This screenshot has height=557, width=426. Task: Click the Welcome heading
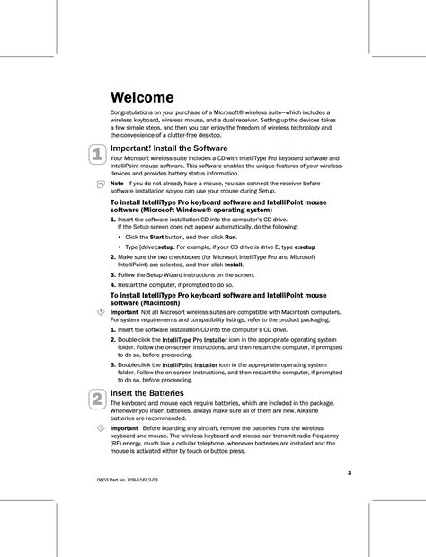click(x=141, y=96)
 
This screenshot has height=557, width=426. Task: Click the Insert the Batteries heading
click(x=146, y=393)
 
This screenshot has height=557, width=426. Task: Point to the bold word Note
click(x=117, y=183)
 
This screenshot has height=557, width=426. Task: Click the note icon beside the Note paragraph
click(x=100, y=184)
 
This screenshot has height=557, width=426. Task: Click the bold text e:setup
click(x=305, y=247)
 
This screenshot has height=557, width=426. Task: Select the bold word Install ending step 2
click(x=233, y=265)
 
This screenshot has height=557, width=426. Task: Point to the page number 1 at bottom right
click(x=348, y=472)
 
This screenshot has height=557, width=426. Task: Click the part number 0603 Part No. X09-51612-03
click(x=132, y=481)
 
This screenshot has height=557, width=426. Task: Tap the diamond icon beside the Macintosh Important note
click(x=100, y=311)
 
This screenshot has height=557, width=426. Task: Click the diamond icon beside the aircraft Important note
click(x=100, y=428)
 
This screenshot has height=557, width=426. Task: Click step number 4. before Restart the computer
click(x=112, y=284)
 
